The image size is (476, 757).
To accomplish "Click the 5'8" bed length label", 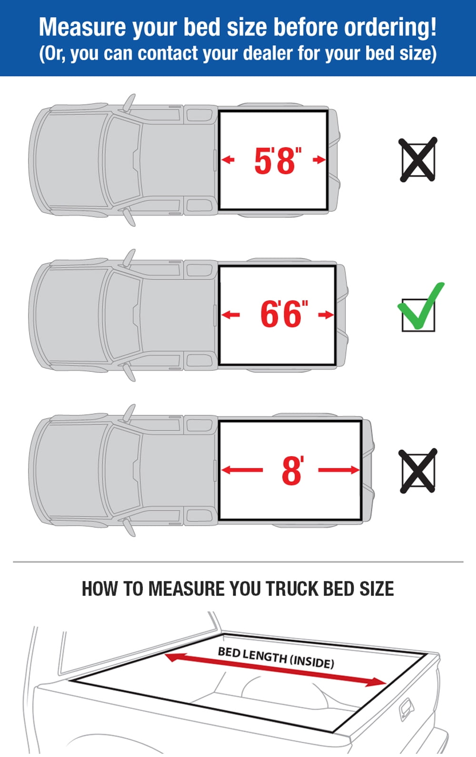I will click(x=278, y=160).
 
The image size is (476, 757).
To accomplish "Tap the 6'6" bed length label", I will click(x=284, y=315).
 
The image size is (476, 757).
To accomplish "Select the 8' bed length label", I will click(x=292, y=471).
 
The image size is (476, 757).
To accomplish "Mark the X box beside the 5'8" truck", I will click(x=417, y=160).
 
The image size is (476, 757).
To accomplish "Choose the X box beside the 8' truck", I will click(x=417, y=471).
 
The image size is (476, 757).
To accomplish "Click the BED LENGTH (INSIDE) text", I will click(x=276, y=657).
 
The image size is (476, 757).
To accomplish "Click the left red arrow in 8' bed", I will click(x=242, y=470).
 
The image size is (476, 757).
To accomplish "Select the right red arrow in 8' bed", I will click(x=339, y=470).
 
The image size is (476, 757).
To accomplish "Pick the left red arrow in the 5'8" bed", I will click(x=228, y=159).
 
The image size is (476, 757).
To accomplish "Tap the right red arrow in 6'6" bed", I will click(x=326, y=315).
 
